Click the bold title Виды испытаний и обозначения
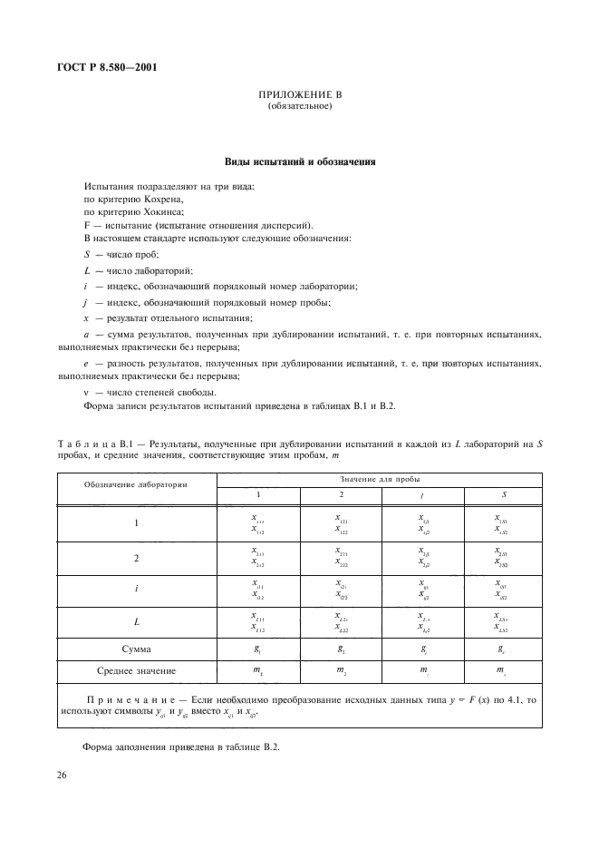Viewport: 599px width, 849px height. click(300, 162)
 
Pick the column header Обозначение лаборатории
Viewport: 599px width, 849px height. click(136, 485)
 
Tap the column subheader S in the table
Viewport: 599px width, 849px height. click(504, 494)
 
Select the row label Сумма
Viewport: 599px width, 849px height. click(137, 649)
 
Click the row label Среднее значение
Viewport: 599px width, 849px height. click(137, 670)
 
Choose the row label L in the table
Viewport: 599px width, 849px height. click(137, 621)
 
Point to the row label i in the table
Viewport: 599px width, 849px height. click(137, 588)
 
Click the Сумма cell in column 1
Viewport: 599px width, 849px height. click(257, 649)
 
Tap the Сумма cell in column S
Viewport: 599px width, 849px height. click(504, 649)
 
